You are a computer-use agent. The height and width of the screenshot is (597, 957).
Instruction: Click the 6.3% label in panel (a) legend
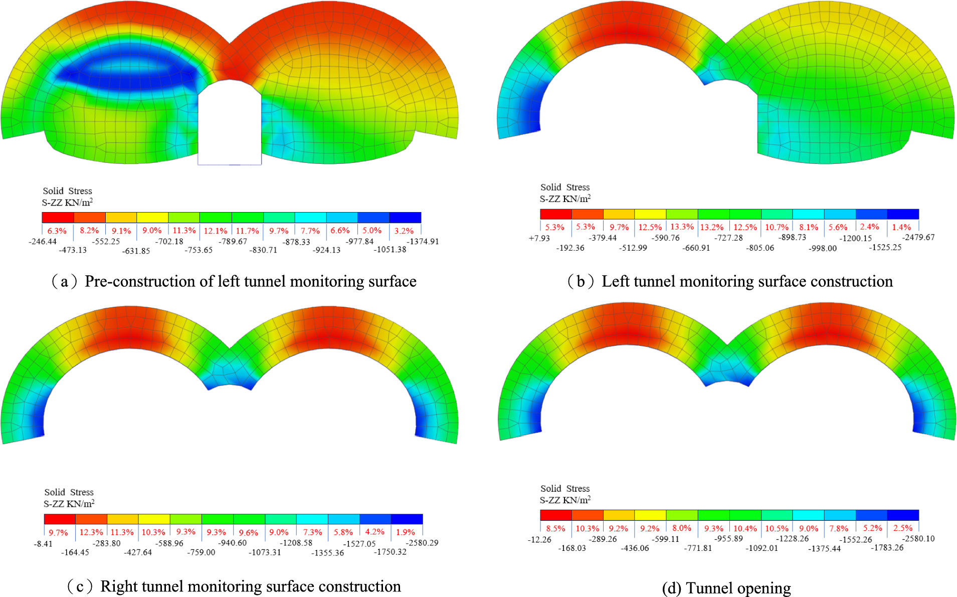pos(57,231)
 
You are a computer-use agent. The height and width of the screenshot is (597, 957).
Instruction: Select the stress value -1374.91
pos(423,241)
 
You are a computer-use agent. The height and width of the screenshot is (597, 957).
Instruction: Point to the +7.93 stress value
pos(539,238)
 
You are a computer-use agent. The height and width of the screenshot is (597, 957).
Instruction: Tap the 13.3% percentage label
pos(682,227)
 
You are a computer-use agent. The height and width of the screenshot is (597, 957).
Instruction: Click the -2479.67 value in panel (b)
pos(918,237)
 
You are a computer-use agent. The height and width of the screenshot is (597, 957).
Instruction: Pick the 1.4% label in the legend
pos(901,227)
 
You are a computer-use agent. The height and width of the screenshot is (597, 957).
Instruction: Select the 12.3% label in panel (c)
pos(91,532)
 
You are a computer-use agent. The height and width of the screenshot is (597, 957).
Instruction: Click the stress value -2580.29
pos(422,542)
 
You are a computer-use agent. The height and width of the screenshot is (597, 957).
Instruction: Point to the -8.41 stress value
pos(43,543)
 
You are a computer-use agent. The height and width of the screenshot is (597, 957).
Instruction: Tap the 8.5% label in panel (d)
pos(555,528)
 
